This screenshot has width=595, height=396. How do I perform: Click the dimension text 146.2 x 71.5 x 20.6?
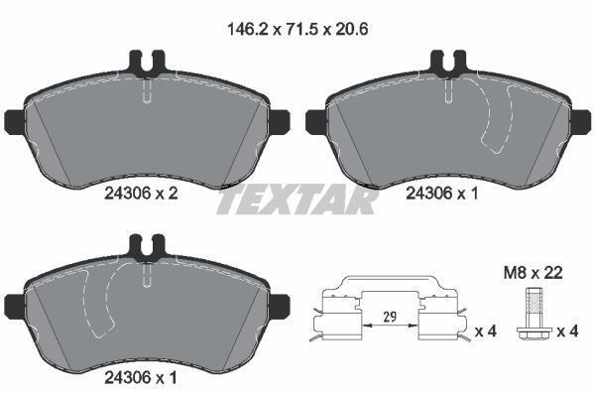click(x=297, y=29)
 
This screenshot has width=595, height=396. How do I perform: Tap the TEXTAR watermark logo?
click(x=297, y=199)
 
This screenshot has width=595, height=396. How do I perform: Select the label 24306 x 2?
click(x=141, y=194)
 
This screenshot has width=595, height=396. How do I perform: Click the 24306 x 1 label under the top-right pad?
click(x=442, y=194)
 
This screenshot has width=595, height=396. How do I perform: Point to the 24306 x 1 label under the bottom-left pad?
click(x=141, y=377)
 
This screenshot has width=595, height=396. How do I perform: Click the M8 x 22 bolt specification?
click(x=534, y=273)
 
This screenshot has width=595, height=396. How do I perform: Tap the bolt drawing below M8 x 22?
click(x=533, y=317)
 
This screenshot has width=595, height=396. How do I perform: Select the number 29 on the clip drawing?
click(x=390, y=317)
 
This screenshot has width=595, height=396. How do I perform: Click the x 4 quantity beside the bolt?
click(x=567, y=331)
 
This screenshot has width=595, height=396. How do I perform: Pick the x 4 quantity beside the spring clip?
click(x=486, y=331)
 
